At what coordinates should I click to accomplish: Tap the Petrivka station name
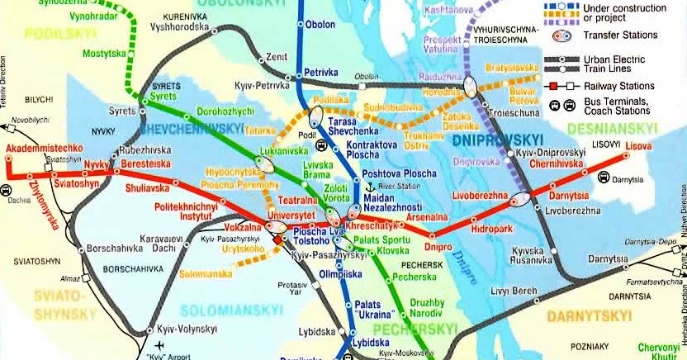[322, 73]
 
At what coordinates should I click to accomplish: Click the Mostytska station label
[103, 53]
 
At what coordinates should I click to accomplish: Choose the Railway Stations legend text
[618, 86]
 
